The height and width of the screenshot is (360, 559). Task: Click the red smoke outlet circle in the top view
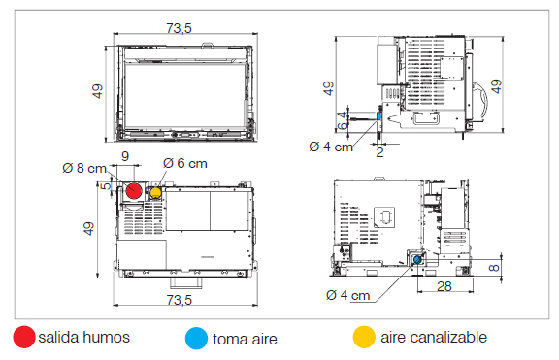tap(134, 191)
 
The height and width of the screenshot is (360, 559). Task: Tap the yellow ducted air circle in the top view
tap(156, 193)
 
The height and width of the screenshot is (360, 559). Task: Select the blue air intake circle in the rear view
tap(417, 260)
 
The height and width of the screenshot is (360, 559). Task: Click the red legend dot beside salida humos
tap(24, 337)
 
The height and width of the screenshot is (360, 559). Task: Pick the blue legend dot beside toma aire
tap(196, 339)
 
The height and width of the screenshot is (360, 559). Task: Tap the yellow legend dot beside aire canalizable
tap(364, 337)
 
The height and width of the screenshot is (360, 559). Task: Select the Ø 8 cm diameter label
tap(84, 168)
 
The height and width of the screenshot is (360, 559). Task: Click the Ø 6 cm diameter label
tap(185, 164)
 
